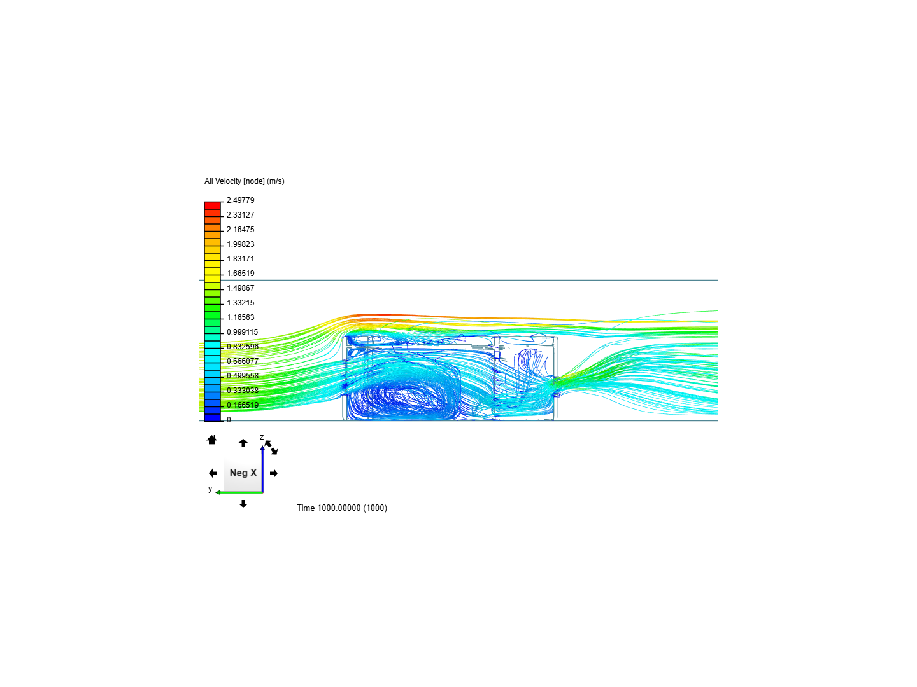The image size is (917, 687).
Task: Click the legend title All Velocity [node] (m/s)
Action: (x=244, y=181)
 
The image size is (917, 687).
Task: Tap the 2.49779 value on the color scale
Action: (x=240, y=200)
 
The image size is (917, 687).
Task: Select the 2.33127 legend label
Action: (x=240, y=215)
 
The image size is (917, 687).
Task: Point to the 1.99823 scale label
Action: (x=240, y=244)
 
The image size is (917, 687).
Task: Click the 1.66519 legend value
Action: (x=240, y=274)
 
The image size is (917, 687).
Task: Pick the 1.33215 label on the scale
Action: (x=240, y=302)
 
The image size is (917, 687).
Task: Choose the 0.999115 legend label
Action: (x=243, y=331)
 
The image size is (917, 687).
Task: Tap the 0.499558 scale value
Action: (x=243, y=375)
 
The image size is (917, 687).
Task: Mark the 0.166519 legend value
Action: (x=243, y=405)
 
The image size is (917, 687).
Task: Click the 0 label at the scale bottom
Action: (x=229, y=420)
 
